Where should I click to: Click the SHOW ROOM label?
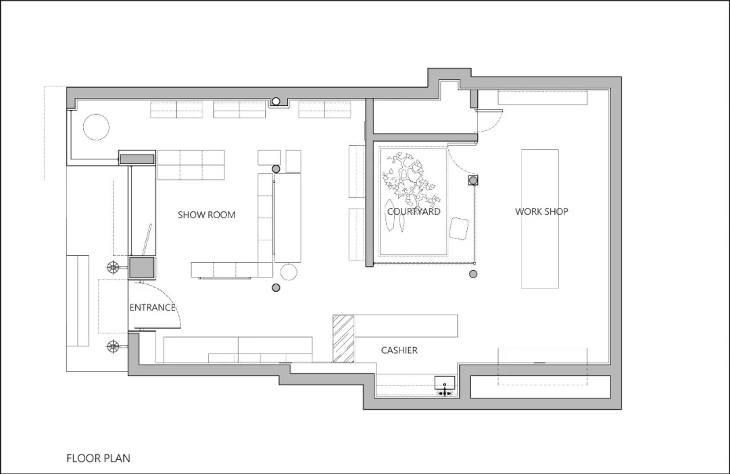coord(206,215)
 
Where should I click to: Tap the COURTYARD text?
coord(414,211)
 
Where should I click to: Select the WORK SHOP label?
coord(541,211)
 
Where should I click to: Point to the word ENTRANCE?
coord(152,307)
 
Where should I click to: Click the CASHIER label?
coord(399,350)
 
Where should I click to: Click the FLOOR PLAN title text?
coord(98,458)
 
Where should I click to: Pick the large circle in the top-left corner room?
coord(97,127)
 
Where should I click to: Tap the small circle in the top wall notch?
coord(276,101)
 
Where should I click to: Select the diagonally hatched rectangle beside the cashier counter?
coord(343,338)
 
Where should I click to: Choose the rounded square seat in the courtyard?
coord(458,228)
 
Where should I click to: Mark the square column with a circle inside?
coord(473,180)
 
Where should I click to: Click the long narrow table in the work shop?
coord(540,219)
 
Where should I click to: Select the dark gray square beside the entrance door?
coord(141,267)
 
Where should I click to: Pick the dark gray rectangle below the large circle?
coord(137,159)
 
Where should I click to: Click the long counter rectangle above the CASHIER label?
coord(406,325)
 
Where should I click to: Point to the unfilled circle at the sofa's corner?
coord(289,272)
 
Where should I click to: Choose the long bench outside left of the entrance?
coord(77,300)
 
